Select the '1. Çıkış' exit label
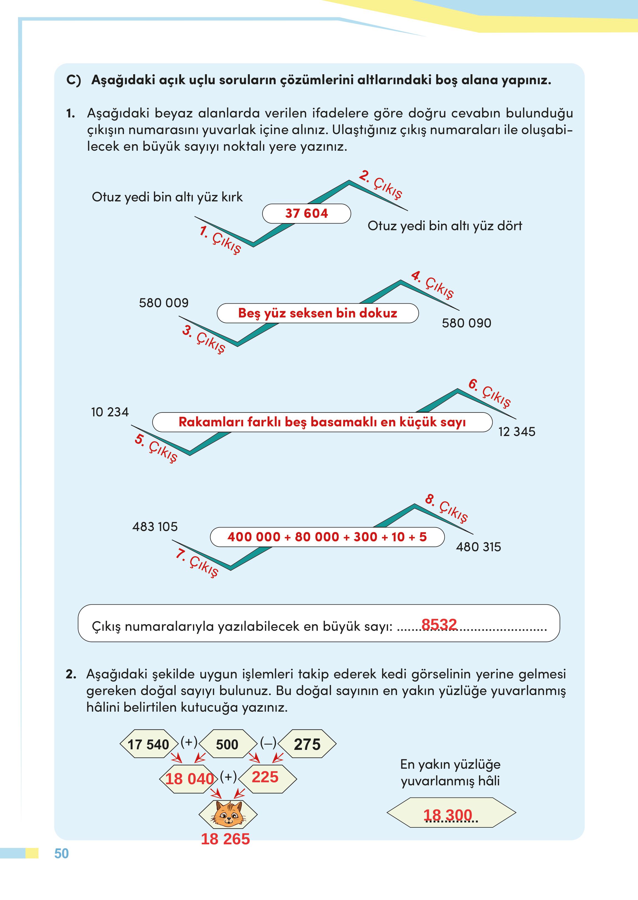tap(220, 239)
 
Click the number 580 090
tap(466, 323)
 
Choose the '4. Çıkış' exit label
tap(432, 284)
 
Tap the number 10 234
tap(110, 412)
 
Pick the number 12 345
tap(517, 432)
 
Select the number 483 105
tap(155, 527)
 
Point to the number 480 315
tap(478, 547)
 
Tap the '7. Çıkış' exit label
tap(196, 562)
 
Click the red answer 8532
tap(439, 624)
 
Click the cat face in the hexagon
tap(228, 814)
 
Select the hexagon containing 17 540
tap(148, 744)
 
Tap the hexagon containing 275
tap(307, 744)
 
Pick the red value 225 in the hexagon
tap(265, 777)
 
